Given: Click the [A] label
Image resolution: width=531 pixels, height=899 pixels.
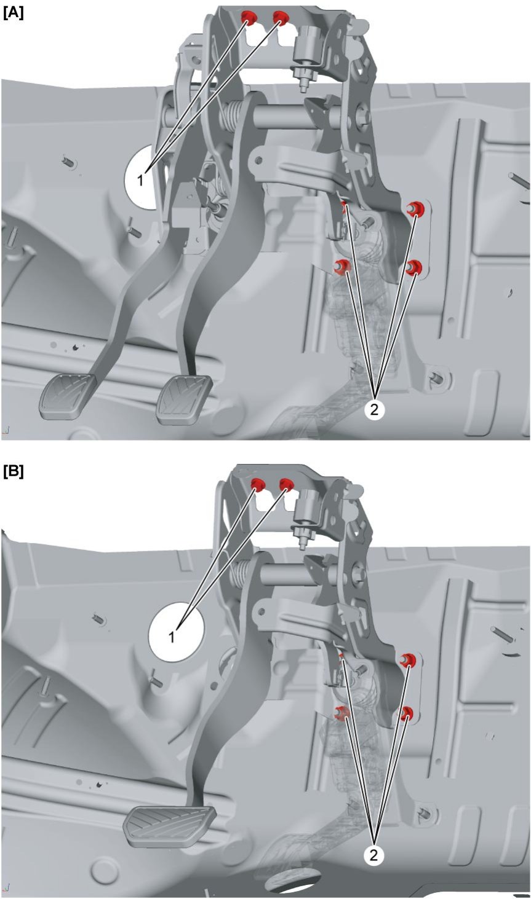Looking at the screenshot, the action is (x=14, y=14).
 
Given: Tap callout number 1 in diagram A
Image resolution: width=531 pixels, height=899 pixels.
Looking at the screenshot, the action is (x=140, y=181).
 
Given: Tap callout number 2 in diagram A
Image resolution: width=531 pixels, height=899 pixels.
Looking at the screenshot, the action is (x=374, y=410).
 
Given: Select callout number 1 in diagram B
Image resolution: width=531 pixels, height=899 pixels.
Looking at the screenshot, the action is (x=172, y=637).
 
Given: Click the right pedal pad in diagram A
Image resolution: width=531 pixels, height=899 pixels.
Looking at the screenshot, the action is (x=184, y=399).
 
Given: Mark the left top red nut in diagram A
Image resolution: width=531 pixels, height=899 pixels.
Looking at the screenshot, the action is (x=249, y=18).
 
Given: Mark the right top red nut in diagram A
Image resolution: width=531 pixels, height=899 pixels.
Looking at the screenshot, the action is (x=281, y=18).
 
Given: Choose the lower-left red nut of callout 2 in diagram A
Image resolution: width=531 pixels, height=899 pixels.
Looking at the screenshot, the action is (x=343, y=266).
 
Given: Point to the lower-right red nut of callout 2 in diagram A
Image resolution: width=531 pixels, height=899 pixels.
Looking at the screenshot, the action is (x=413, y=267).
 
